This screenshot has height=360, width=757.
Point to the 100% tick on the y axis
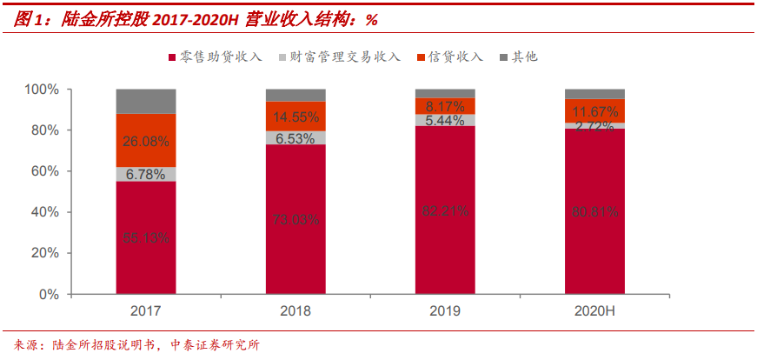42,90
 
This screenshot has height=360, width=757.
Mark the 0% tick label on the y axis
48,295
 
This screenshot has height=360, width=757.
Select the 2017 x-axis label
146,311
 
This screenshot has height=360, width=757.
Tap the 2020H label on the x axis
594,311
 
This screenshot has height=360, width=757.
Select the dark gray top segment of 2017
146,101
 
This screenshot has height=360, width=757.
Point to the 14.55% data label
295,117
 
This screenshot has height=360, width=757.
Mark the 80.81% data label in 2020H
594,210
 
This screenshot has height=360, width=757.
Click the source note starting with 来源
131,344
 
